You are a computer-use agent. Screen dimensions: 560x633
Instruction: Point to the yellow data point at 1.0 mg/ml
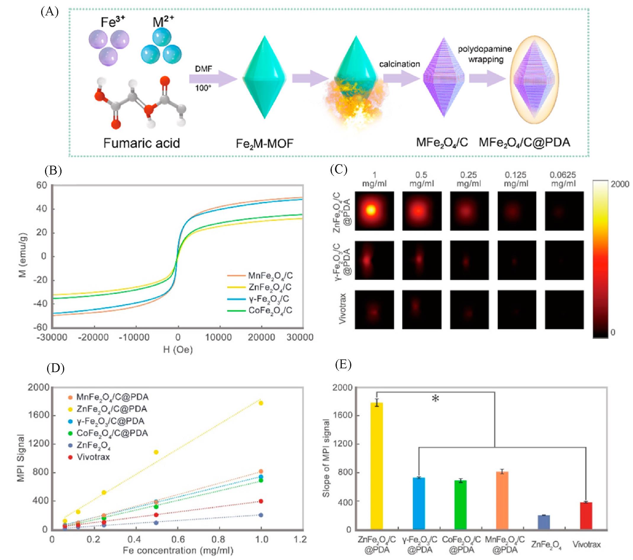(261, 403)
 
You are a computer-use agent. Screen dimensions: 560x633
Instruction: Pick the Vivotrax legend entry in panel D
(93, 457)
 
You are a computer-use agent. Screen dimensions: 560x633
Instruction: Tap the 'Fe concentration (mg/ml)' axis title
(178, 551)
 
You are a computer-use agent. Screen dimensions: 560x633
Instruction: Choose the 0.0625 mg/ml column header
(563, 179)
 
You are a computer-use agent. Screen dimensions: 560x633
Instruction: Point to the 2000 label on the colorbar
(620, 184)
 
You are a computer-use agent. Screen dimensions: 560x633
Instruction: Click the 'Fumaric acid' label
(141, 143)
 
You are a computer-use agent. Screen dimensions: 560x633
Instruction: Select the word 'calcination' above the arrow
(400, 64)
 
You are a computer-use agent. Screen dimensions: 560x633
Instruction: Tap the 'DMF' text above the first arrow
(204, 69)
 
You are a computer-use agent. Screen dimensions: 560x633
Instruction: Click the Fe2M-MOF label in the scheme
(265, 144)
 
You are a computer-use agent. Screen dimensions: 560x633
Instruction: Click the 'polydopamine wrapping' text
(485, 54)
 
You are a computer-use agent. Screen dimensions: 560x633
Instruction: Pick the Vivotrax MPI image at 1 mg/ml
(374, 309)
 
